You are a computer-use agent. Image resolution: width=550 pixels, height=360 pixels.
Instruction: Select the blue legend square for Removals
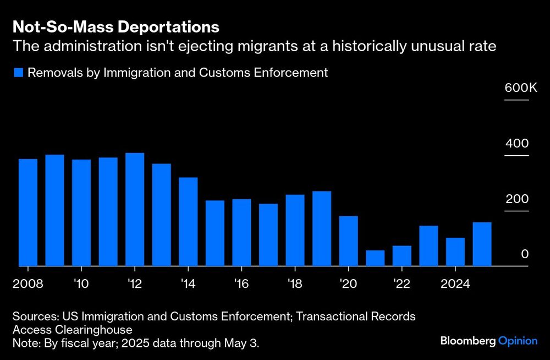(18, 73)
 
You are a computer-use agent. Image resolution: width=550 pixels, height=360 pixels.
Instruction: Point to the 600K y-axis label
(516, 88)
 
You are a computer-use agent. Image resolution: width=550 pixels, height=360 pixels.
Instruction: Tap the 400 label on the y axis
(517, 144)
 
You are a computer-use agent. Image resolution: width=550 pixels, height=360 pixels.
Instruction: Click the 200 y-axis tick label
(517, 199)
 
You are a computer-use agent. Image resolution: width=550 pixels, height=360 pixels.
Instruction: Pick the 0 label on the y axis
(525, 254)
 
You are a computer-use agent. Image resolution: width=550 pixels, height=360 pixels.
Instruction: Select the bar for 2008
(28, 212)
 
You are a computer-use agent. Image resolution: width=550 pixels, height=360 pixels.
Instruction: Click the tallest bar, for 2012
(135, 210)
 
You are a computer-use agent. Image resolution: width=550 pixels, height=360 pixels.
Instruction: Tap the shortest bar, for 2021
(375, 258)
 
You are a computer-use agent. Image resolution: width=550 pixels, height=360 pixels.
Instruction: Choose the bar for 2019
(322, 228)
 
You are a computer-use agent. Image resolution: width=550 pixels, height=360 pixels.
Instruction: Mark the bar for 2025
(482, 244)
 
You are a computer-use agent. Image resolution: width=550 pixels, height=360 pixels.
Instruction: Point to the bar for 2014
(188, 222)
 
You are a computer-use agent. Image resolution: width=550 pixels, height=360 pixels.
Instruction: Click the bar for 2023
(428, 246)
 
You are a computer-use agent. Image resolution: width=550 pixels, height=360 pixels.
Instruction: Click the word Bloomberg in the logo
(468, 341)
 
